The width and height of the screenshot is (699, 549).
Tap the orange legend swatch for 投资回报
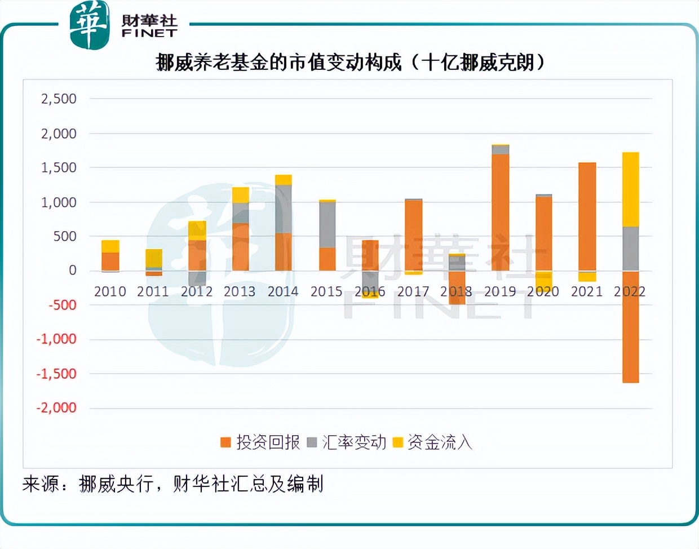[x=226, y=442]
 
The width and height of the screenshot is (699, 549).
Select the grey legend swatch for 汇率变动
[x=312, y=442]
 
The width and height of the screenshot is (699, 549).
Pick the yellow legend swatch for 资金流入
[x=398, y=442]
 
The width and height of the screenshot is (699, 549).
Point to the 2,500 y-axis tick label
[x=59, y=99]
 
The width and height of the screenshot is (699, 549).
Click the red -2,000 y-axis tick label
[x=56, y=408]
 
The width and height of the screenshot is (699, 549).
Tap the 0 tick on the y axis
[x=72, y=271]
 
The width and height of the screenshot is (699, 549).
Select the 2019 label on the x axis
[x=500, y=291]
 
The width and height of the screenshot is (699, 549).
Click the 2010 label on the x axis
[x=110, y=291]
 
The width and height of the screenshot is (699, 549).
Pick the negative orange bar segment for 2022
[x=630, y=327]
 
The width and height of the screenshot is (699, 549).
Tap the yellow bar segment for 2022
[x=630, y=189]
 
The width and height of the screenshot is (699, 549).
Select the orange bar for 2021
[x=587, y=216]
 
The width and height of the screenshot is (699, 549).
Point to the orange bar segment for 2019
[x=500, y=212]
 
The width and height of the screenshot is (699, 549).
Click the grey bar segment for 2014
[x=284, y=209]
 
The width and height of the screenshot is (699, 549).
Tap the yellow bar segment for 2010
[x=110, y=246]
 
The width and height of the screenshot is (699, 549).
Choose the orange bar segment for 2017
[x=413, y=235]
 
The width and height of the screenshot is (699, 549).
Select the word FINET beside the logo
[x=149, y=33]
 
